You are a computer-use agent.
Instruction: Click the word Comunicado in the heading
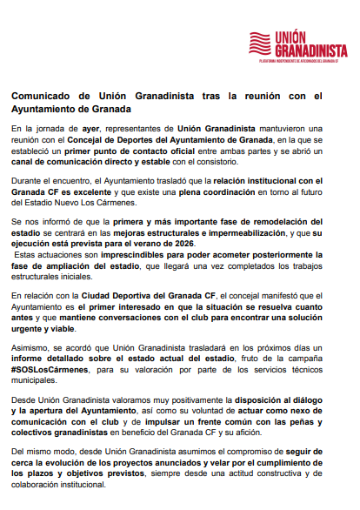(x=43, y=96)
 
